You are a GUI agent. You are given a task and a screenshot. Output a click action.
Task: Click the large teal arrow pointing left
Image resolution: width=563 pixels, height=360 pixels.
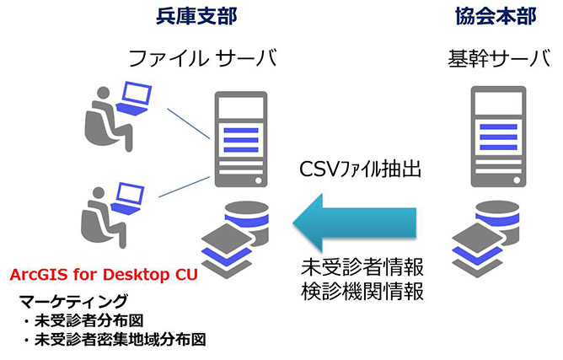pos(362,221)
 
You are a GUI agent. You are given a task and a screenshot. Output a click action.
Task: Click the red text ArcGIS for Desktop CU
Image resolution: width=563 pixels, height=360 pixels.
pos(103,275)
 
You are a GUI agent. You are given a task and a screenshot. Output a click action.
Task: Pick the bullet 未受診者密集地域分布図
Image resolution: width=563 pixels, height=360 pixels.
pos(112,341)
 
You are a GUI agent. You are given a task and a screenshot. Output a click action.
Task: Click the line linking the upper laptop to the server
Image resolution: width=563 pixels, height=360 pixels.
pos(187,122)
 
